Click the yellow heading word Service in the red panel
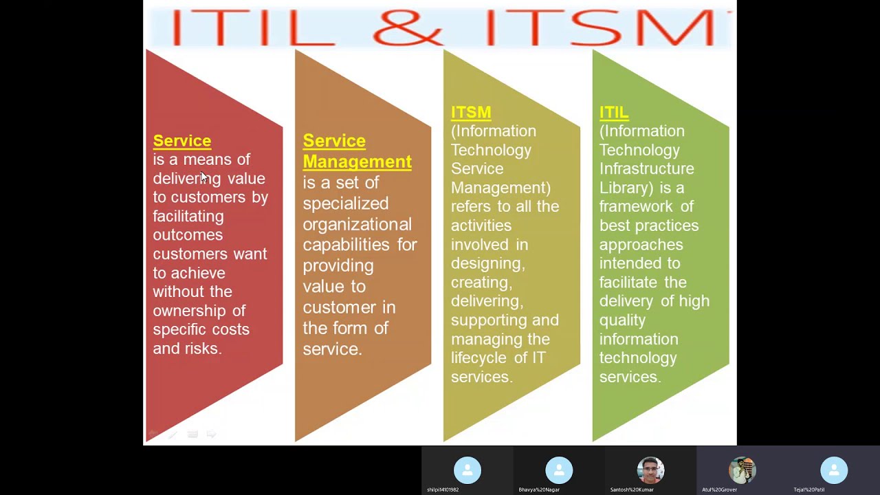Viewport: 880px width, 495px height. tap(181, 141)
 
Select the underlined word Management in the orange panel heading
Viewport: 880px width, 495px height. tap(357, 162)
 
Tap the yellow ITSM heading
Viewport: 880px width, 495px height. tap(471, 112)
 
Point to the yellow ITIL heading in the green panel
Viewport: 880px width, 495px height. tap(613, 112)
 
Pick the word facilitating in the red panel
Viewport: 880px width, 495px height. tap(188, 216)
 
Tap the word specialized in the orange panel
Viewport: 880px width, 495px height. tap(345, 203)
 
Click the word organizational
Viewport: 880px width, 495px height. tap(357, 224)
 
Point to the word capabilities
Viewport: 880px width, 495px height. tap(347, 245)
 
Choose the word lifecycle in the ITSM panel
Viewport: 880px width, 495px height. tap(480, 357)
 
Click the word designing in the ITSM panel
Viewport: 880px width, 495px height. tap(487, 263)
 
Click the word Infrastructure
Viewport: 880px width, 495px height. tap(646, 168)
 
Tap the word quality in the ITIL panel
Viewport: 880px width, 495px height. tap(622, 320)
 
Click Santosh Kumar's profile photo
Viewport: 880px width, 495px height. tap(650, 470)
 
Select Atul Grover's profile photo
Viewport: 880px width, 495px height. tap(742, 470)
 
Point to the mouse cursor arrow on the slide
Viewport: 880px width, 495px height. tap(203, 177)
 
